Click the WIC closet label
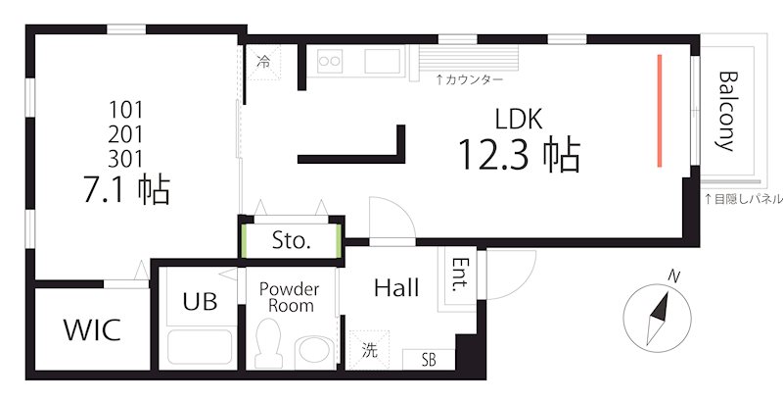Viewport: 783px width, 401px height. pyautogui.click(x=92, y=329)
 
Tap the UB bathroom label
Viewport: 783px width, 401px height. pyautogui.click(x=201, y=301)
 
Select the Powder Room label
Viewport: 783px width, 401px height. pyautogui.click(x=289, y=297)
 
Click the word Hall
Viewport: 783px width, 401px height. pyautogui.click(x=396, y=288)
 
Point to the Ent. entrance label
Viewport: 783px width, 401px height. pyautogui.click(x=459, y=276)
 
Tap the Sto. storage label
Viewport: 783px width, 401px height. pyautogui.click(x=291, y=241)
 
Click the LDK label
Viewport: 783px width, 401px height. pyautogui.click(x=519, y=120)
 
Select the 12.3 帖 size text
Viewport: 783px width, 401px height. pyautogui.click(x=519, y=154)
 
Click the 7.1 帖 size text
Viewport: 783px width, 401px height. pyautogui.click(x=128, y=188)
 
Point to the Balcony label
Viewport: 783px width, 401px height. pyautogui.click(x=726, y=110)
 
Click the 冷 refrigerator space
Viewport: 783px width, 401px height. pyautogui.click(x=263, y=62)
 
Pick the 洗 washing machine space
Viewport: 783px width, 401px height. pyautogui.click(x=371, y=349)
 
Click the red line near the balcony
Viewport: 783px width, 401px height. pyautogui.click(x=661, y=110)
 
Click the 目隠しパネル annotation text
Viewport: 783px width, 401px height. pyautogui.click(x=743, y=199)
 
